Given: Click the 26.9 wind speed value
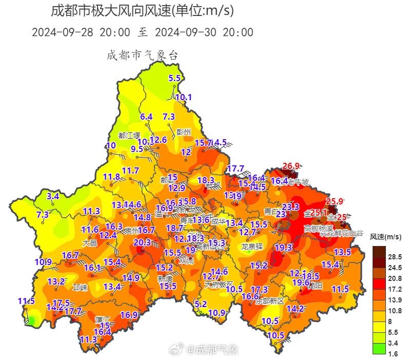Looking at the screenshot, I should (x=290, y=166).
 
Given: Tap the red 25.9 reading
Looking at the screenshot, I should (x=334, y=201).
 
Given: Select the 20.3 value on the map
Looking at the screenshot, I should (x=142, y=242).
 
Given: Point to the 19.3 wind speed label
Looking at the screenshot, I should (x=283, y=247).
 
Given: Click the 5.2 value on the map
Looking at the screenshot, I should (x=201, y=304).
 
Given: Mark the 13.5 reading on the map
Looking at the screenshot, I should (x=342, y=252).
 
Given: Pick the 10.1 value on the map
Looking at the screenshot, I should (x=183, y=97).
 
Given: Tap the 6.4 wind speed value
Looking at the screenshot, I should (x=146, y=117).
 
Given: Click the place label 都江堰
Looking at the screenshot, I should (x=129, y=136).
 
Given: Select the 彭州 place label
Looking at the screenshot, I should (x=183, y=131).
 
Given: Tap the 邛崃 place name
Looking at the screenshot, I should (x=81, y=287).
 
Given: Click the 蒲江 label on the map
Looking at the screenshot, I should (x=103, y=319).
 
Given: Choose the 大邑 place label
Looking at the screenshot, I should (x=89, y=242).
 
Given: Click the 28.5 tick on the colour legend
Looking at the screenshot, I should (x=395, y=256).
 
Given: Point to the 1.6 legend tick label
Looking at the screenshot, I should (x=393, y=354).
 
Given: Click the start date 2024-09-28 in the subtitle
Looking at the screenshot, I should (x=64, y=32).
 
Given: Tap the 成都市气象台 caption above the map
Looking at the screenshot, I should (x=142, y=55).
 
